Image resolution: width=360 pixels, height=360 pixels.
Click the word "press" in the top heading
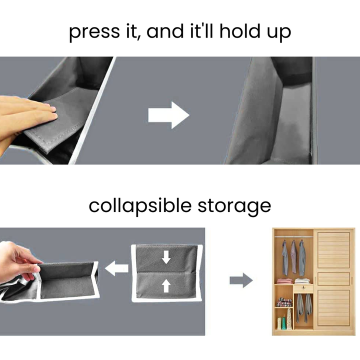(94, 32)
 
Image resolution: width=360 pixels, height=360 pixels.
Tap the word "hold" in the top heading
(239, 31)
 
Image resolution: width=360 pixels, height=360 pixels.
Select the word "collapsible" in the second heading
(140, 206)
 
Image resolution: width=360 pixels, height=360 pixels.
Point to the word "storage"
(234, 206)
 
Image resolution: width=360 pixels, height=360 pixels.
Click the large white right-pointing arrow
(169, 115)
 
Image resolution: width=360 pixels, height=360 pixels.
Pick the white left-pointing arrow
(116, 268)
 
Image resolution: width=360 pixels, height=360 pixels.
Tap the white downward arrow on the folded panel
(166, 257)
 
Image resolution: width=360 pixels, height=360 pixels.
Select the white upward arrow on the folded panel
(166, 285)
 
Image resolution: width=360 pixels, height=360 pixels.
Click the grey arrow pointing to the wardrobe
(241, 280)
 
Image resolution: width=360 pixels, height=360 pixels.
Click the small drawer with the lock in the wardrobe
(303, 288)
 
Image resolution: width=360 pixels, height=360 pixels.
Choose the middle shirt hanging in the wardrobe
(294, 257)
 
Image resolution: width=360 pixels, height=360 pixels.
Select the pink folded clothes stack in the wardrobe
(284, 281)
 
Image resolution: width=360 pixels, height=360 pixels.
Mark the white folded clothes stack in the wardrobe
(302, 281)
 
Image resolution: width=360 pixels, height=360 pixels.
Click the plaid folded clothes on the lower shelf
(284, 302)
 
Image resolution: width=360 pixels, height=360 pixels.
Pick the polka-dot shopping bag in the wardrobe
(289, 318)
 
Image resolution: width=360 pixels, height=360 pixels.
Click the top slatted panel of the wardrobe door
(333, 250)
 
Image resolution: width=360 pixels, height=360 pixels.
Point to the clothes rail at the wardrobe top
(294, 236)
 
